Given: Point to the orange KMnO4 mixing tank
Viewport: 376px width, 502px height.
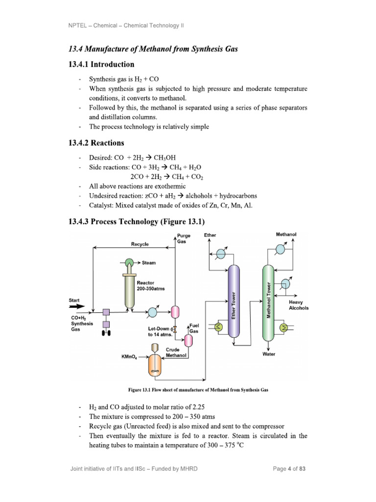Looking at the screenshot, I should [x=155, y=363].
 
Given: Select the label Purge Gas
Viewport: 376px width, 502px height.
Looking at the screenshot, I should [x=184, y=239].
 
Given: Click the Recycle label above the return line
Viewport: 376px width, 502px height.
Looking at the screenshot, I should [x=140, y=244].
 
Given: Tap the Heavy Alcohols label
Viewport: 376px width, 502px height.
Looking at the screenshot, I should [x=299, y=305].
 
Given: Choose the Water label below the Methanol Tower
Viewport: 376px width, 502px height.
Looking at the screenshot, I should [x=269, y=353].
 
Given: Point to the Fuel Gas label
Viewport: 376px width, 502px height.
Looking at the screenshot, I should [x=194, y=329].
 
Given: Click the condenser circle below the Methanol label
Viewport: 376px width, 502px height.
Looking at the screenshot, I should [x=280, y=250].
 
